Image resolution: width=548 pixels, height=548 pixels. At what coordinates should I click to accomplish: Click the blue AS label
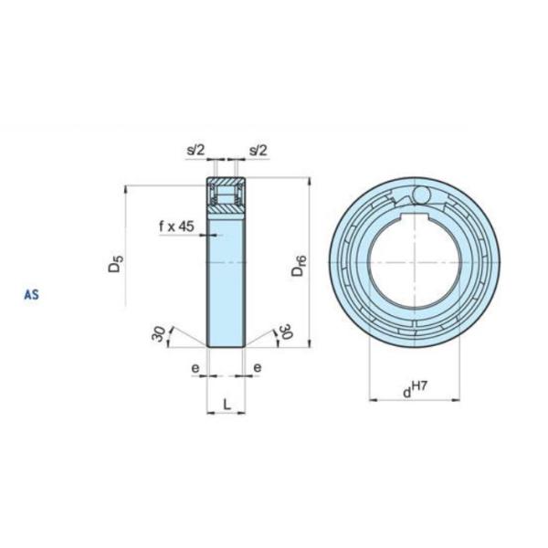click(31, 295)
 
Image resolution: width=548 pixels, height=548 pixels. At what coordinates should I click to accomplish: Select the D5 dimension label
click(115, 264)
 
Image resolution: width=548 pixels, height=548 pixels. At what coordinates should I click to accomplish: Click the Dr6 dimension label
click(299, 266)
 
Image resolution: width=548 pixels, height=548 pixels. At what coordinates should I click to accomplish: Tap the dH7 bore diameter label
click(415, 390)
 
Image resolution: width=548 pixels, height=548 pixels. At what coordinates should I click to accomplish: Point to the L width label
click(227, 405)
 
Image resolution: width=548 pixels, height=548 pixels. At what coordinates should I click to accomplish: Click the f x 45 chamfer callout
click(176, 227)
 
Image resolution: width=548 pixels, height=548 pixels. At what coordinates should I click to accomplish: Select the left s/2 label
click(195, 151)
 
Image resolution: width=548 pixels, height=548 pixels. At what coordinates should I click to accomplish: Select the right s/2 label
click(258, 151)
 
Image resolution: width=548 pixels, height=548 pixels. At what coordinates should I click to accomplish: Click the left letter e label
click(195, 368)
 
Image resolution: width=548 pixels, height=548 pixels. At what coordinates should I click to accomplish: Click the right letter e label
click(258, 368)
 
